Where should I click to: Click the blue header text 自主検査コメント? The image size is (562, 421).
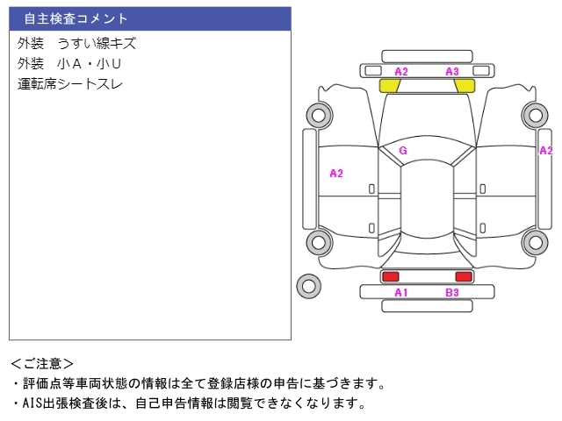click(76, 18)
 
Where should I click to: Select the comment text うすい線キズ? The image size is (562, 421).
click(97, 44)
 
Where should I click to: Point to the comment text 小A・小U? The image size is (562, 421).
click(89, 64)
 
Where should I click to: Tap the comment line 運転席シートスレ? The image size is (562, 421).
click(70, 84)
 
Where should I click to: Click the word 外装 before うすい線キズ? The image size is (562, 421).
click(31, 44)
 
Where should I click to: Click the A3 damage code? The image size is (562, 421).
click(452, 72)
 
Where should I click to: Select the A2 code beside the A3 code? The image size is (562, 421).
click(401, 72)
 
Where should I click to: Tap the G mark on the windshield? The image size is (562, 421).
click(403, 151)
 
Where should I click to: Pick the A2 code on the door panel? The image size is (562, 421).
click(336, 174)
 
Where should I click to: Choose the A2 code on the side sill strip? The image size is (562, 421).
click(546, 151)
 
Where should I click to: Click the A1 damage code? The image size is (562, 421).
click(401, 293)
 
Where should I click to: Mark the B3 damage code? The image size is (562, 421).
click(452, 293)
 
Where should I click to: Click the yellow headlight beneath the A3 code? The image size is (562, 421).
click(465, 86)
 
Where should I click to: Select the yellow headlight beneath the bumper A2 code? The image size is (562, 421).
click(390, 86)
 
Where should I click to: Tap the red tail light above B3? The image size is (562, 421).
click(464, 276)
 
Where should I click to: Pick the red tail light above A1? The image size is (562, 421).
click(390, 276)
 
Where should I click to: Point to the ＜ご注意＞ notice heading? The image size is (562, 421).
click(42, 364)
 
